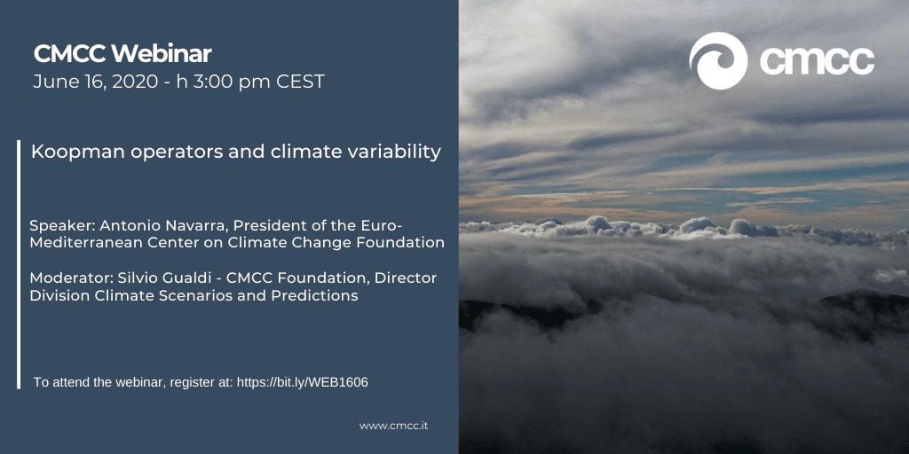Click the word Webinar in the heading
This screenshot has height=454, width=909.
[x=162, y=54]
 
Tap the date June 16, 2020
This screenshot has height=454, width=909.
[x=95, y=82]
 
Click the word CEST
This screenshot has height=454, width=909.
[x=300, y=82]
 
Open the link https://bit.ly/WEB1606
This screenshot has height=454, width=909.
[x=303, y=382]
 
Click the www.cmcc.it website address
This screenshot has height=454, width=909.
[x=393, y=426]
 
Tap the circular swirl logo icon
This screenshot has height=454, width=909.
[x=718, y=61]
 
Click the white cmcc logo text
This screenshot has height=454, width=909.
[x=817, y=61]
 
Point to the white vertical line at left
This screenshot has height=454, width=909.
[x=19, y=264]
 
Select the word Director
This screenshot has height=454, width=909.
[x=406, y=278]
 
